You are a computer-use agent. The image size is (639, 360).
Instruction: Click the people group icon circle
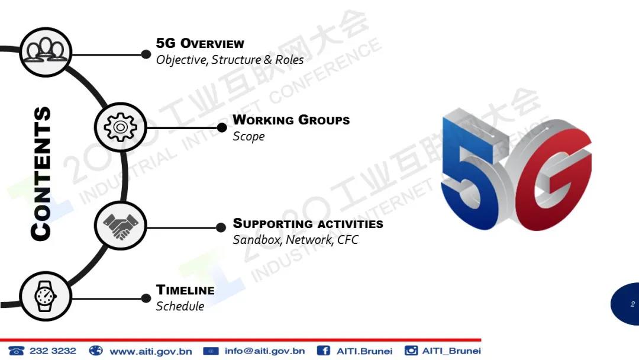tap(46, 52)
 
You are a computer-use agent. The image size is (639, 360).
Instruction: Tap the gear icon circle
tap(120, 127)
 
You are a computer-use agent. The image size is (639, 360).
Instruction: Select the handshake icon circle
tap(120, 226)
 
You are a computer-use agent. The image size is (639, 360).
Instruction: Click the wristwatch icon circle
tap(46, 297)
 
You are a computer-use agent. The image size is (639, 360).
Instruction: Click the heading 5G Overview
tap(200, 43)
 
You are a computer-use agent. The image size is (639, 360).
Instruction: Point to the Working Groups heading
tap(291, 120)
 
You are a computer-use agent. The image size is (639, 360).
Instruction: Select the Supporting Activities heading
tap(308, 223)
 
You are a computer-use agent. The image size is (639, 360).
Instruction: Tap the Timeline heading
tap(185, 290)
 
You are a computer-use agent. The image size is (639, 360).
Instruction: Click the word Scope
tap(248, 136)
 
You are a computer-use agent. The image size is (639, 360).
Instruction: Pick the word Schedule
tap(180, 306)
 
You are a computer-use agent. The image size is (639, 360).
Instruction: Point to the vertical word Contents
tap(41, 173)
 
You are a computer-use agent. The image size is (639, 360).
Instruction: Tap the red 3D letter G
tap(552, 179)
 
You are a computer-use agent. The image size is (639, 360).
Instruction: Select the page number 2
tap(632, 304)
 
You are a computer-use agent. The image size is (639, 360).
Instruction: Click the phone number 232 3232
tap(53, 351)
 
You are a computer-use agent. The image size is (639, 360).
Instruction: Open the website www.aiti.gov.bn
tap(151, 351)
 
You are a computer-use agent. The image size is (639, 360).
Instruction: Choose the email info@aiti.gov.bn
tap(265, 351)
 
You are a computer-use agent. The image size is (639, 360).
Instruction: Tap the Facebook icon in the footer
tap(324, 351)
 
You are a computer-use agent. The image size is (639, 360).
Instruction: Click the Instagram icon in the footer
tap(411, 351)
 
